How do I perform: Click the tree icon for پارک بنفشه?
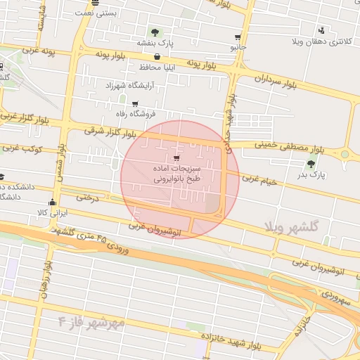[x=155, y=32]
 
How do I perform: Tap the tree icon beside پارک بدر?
[x=311, y=164]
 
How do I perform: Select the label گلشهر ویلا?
[x=291, y=226]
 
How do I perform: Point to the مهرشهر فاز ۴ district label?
[x=91, y=322]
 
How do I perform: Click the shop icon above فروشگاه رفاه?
[x=135, y=103]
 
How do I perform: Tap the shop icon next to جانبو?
[x=238, y=37]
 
